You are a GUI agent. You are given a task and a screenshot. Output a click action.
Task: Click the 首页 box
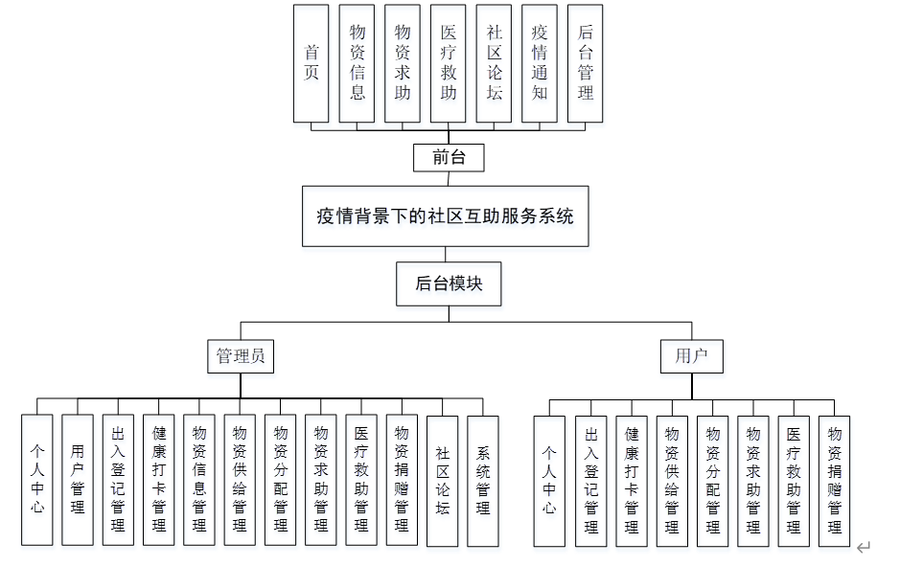pos(311,63)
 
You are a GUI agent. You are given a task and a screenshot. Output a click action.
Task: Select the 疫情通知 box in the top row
pos(540,63)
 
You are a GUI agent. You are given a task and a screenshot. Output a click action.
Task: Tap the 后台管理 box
pos(586,63)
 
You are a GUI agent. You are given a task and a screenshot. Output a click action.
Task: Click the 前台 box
pos(448,157)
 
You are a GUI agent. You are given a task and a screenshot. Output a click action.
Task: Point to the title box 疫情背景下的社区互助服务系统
pos(445,215)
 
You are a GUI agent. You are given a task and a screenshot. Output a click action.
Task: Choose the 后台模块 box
pos(449,283)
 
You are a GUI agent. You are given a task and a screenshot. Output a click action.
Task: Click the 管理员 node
pos(241,356)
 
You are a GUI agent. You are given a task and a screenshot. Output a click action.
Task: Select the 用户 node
pos(691,356)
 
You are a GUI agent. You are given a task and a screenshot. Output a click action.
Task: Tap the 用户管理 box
pos(78,480)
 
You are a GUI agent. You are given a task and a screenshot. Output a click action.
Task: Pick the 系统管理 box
pos(483,480)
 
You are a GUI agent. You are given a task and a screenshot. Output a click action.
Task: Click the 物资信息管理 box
pos(199,480)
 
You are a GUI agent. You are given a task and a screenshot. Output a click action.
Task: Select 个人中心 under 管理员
pos(37,480)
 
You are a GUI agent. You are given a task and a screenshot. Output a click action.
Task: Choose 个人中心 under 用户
pos(549,480)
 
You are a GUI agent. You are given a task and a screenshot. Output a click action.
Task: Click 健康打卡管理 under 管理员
pos(159,480)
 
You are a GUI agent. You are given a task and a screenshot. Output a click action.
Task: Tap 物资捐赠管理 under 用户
pos(834,480)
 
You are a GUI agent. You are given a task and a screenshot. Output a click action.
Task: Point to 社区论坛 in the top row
pos(494,63)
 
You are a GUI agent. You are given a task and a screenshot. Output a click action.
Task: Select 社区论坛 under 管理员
pos(442,480)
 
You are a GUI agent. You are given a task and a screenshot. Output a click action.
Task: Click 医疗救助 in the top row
pos(448,63)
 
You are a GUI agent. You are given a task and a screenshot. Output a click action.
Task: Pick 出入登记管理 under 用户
pos(591,480)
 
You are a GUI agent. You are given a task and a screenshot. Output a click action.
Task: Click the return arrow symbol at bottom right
pos(864,547)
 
